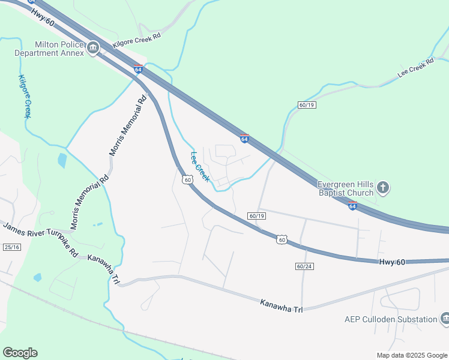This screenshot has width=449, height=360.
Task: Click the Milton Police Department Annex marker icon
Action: (93, 49)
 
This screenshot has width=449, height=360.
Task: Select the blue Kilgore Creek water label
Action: (25, 96)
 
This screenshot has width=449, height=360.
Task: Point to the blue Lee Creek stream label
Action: (200, 166)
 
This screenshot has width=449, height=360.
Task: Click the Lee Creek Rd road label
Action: (415, 69)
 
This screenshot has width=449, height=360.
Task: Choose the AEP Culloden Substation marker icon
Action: (445, 319)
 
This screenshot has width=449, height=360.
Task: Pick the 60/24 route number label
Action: (305, 266)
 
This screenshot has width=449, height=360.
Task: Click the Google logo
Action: (20, 353)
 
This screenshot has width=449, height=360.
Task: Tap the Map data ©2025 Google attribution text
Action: (412, 355)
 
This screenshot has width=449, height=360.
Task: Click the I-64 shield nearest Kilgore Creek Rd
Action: (138, 70)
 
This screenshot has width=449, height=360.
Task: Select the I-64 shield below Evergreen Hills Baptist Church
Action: (352, 206)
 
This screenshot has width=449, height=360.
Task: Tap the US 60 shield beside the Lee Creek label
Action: (187, 179)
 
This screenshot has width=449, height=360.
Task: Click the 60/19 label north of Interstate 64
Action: (306, 105)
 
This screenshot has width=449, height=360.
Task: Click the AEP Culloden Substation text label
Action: (391, 319)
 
